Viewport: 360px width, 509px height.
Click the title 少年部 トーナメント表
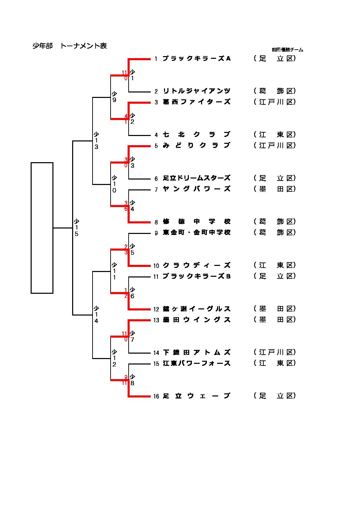coord(70,46)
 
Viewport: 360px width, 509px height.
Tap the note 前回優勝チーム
coord(287,50)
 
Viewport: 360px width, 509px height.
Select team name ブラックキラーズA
coord(197,58)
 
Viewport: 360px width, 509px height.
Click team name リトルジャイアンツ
coord(197,91)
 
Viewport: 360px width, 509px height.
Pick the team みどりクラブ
coord(197,146)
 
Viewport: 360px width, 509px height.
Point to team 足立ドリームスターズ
coord(197,178)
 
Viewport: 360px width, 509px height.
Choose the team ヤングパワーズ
coord(197,189)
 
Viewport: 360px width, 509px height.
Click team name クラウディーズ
coord(197,265)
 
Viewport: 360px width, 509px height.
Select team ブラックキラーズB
coord(197,276)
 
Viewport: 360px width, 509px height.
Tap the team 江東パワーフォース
coord(197,363)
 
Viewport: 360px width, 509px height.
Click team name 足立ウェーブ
coord(197,396)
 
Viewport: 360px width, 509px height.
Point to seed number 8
coord(156,222)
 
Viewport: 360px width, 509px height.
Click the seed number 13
coord(156,320)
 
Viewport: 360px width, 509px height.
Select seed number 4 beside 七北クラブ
coord(156,135)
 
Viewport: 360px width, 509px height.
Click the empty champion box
coord(42,228)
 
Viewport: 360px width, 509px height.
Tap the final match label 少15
coord(77,227)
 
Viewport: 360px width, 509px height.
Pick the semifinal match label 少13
coord(96,140)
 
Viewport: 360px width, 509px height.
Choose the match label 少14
coord(96,315)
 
